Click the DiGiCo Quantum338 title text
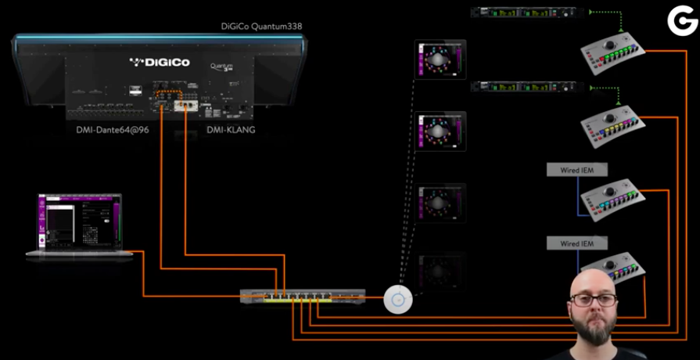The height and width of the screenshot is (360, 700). [x=261, y=27]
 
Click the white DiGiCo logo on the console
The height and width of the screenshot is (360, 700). [x=160, y=63]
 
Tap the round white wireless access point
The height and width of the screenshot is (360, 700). [x=398, y=298]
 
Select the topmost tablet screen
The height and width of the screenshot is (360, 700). [x=440, y=59]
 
